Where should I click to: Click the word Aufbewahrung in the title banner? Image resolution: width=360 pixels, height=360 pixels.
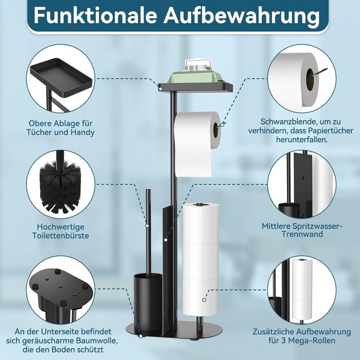242,16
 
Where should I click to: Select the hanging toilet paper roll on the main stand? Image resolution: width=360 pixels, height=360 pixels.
196,143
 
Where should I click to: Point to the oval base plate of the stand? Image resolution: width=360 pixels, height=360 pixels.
174,330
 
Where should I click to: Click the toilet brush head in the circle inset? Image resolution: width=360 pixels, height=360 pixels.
61,186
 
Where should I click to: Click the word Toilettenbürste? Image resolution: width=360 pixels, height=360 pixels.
61,236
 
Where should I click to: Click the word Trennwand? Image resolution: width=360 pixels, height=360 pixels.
302,234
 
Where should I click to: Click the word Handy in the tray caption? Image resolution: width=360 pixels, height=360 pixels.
83,133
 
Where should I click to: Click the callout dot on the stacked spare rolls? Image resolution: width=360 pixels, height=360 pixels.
204,300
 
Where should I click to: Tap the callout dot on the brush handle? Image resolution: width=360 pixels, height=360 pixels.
147,226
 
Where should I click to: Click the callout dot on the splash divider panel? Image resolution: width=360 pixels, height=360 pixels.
166,240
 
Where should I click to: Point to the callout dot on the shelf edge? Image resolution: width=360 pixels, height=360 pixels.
160,87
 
